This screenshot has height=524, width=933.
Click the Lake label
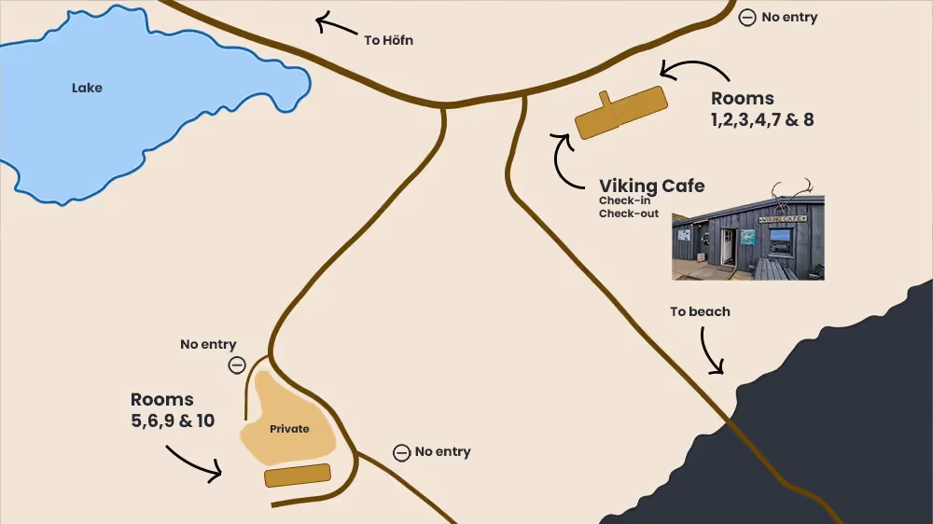87,88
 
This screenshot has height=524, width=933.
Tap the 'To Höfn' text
388,40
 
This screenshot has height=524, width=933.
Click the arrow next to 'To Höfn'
335,23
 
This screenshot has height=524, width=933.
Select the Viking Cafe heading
651,186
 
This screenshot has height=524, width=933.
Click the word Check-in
625,200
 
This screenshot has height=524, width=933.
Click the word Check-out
629,214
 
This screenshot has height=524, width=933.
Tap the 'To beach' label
700,311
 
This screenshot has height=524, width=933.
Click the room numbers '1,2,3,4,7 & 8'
762,119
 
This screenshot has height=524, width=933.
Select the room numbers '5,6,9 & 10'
173,421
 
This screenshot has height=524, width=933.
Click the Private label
289,429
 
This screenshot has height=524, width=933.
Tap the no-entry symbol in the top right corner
746,18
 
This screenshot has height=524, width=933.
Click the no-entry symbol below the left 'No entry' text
237,365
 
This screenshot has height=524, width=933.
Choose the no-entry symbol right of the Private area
401,452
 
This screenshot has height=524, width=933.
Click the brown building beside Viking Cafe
620,113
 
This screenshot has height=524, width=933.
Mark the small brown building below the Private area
298,476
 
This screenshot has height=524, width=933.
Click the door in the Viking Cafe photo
727,247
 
